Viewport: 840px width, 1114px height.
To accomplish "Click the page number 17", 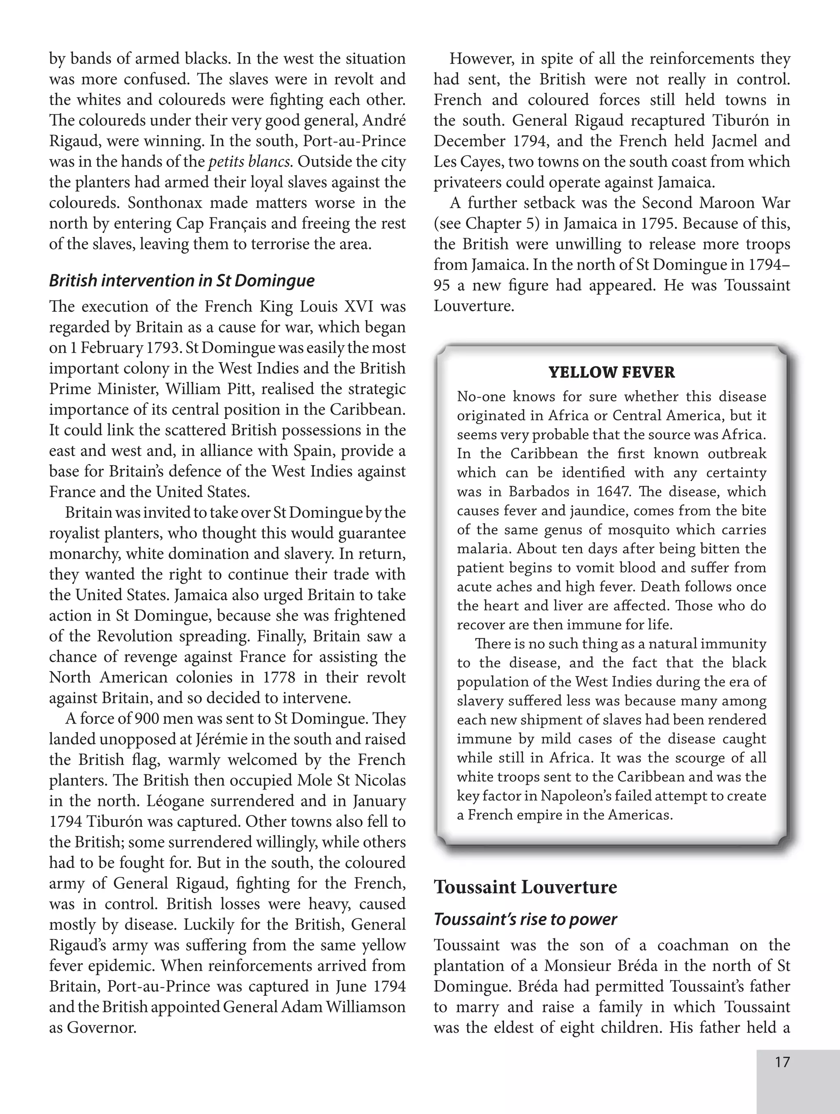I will click(782, 1062).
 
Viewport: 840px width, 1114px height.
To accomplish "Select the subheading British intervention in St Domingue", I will click(181, 281).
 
